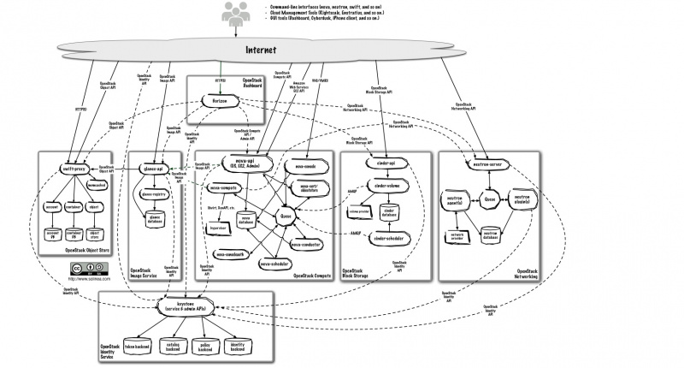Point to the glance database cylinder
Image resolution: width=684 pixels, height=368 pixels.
pyautogui.click(x=156, y=221)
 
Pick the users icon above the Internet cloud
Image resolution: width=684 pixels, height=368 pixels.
pyautogui.click(x=234, y=12)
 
